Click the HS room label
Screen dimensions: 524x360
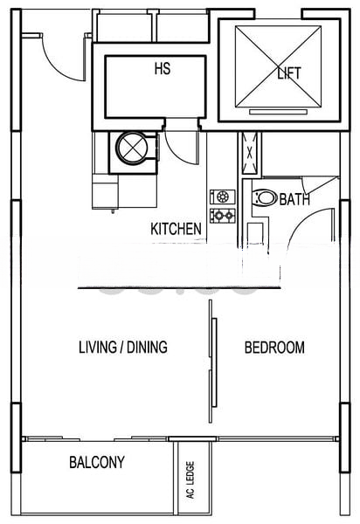(x=162, y=68)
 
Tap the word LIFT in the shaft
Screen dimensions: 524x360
(x=288, y=73)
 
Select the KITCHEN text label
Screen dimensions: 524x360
(x=177, y=229)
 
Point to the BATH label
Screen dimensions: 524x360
(x=294, y=200)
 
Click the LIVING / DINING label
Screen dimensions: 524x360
(x=123, y=348)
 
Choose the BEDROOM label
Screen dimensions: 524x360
(x=274, y=348)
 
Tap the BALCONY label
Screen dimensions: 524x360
(x=96, y=463)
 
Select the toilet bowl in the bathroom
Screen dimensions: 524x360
(x=263, y=198)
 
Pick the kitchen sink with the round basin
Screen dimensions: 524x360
(x=220, y=196)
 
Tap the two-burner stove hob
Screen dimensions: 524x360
(x=220, y=214)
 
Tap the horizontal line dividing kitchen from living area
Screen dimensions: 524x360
(x=179, y=286)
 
